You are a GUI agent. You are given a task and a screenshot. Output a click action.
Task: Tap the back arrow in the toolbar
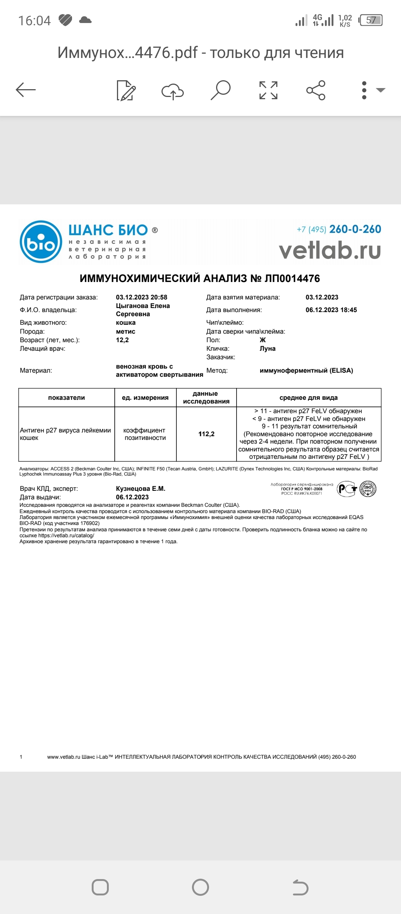[26, 90]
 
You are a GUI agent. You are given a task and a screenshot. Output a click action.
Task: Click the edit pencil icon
[126, 90]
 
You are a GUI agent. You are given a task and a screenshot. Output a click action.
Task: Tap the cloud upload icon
[173, 91]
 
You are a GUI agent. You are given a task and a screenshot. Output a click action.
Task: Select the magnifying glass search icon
[221, 90]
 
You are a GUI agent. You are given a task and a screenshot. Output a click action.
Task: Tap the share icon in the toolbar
[316, 90]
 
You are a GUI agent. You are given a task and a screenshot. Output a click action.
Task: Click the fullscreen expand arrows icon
[268, 90]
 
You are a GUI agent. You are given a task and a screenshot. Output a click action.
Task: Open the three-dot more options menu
[364, 90]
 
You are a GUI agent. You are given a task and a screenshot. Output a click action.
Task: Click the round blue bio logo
[41, 242]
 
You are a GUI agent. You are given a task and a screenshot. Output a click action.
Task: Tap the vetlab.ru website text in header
[330, 250]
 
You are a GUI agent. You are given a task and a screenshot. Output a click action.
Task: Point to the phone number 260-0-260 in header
[355, 229]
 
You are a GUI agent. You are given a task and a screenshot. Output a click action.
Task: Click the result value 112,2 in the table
[206, 434]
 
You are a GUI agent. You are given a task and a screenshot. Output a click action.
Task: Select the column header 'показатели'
[66, 398]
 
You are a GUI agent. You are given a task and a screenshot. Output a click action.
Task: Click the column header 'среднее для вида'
[309, 398]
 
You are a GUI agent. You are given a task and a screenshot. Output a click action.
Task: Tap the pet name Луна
[267, 349]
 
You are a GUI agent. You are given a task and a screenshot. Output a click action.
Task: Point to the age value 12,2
[122, 340]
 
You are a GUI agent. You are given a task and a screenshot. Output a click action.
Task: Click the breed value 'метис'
[125, 331]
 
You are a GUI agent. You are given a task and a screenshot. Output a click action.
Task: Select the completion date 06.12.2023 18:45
[331, 310]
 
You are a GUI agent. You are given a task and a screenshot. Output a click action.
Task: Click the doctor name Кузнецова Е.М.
[140, 489]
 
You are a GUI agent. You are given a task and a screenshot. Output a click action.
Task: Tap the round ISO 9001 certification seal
[368, 489]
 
